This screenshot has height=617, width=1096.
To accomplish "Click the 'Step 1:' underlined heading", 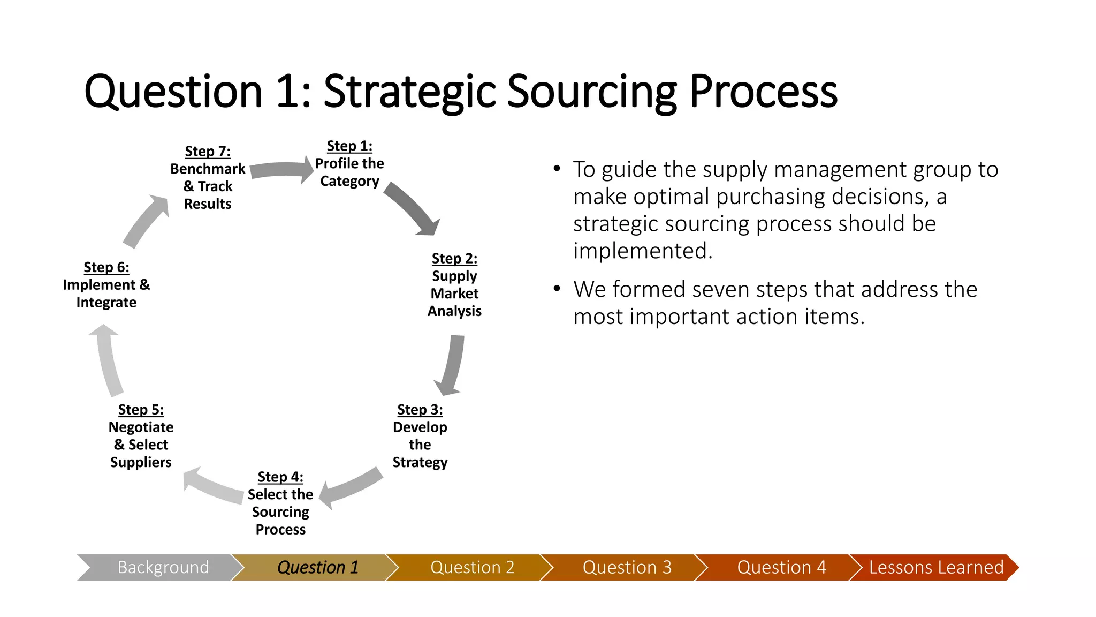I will click(349, 146).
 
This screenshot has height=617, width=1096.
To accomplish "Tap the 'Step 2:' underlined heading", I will click(454, 259).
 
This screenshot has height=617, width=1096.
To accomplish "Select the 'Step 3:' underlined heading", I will click(420, 410).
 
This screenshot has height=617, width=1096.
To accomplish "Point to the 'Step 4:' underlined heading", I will click(280, 477).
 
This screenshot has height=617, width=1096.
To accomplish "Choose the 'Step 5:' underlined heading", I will click(141, 410).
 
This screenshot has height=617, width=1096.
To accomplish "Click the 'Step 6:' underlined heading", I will click(106, 267).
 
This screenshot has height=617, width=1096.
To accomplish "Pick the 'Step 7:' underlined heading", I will click(208, 152).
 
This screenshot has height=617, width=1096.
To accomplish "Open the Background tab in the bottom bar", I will click(163, 567).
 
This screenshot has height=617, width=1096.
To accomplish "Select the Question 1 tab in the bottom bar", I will click(317, 567).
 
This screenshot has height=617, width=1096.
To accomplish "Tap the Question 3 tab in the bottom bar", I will click(627, 567).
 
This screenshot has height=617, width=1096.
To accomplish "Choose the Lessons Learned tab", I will click(935, 567).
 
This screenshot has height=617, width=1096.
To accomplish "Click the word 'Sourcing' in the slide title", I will click(592, 92).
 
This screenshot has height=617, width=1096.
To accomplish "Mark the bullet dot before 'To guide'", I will click(557, 169).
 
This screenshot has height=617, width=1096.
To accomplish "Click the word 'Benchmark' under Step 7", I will click(208, 169).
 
